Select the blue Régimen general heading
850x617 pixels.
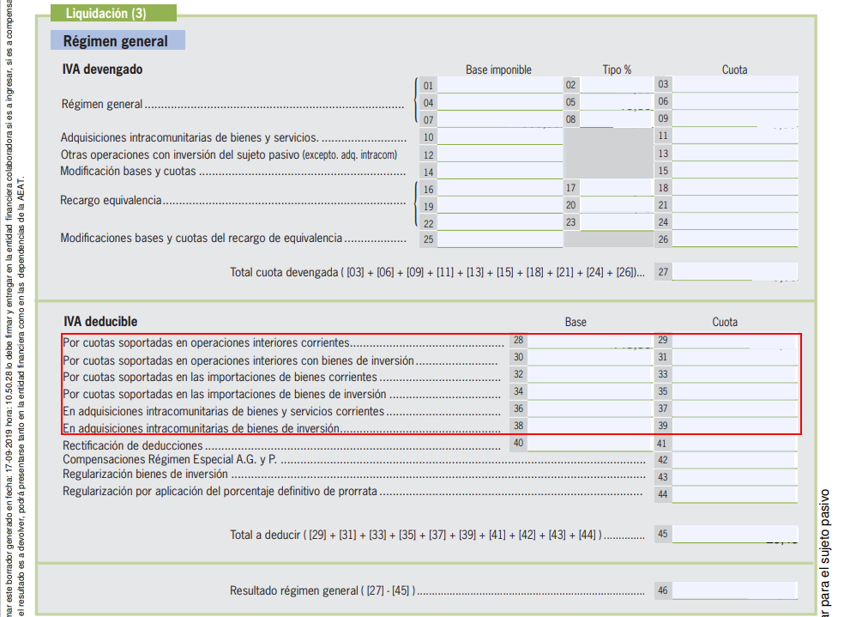tap(115, 41)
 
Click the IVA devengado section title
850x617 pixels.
tap(102, 70)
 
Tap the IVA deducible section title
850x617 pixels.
tap(99, 322)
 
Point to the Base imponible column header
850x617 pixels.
tap(498, 70)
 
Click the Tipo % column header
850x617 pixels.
tap(617, 70)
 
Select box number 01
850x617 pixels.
tap(428, 85)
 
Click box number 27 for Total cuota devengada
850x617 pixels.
tap(663, 272)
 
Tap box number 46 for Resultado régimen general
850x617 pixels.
tap(662, 590)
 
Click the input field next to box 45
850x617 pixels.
tap(734, 534)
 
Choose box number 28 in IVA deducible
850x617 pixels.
tap(518, 341)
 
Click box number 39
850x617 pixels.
tap(662, 426)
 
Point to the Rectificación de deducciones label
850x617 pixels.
tap(133, 445)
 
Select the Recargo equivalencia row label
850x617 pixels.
tap(112, 201)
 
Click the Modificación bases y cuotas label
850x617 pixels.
tap(128, 171)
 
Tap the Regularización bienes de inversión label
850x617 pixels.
tap(145, 474)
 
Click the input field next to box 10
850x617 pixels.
tap(499, 137)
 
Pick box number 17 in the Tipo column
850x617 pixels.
tap(570, 187)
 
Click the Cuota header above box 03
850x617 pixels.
tap(734, 70)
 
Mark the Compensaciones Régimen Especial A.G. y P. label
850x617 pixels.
tap(172, 460)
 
